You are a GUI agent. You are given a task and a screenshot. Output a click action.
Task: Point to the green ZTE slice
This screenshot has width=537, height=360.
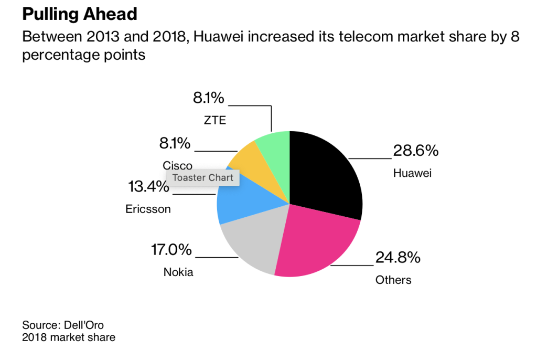click(x=275, y=150)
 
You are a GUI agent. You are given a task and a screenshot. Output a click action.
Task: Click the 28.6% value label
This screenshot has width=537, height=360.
click(x=415, y=151)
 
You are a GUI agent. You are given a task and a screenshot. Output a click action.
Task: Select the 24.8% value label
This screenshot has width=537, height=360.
click(x=398, y=258)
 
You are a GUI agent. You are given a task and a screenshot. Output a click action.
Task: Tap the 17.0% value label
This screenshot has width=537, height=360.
click(x=171, y=250)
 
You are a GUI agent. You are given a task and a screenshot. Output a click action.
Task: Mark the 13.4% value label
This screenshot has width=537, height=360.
click(x=149, y=186)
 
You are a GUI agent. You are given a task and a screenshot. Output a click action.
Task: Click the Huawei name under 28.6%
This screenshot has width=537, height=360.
click(x=412, y=173)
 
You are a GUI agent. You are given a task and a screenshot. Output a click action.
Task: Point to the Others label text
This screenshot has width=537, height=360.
click(x=393, y=280)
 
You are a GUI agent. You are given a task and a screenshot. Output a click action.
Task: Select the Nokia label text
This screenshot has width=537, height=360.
click(x=178, y=272)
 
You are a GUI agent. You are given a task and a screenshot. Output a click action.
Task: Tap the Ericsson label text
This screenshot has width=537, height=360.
click(x=148, y=209)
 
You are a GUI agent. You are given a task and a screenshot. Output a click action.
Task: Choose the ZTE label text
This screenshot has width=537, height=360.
click(x=215, y=120)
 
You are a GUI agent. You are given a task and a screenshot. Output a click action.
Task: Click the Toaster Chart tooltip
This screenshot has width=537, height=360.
click(x=203, y=177)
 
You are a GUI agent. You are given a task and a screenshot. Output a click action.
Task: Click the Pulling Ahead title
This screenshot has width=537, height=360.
click(x=80, y=14)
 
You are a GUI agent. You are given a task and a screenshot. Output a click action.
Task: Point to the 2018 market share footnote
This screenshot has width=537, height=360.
click(x=69, y=337)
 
